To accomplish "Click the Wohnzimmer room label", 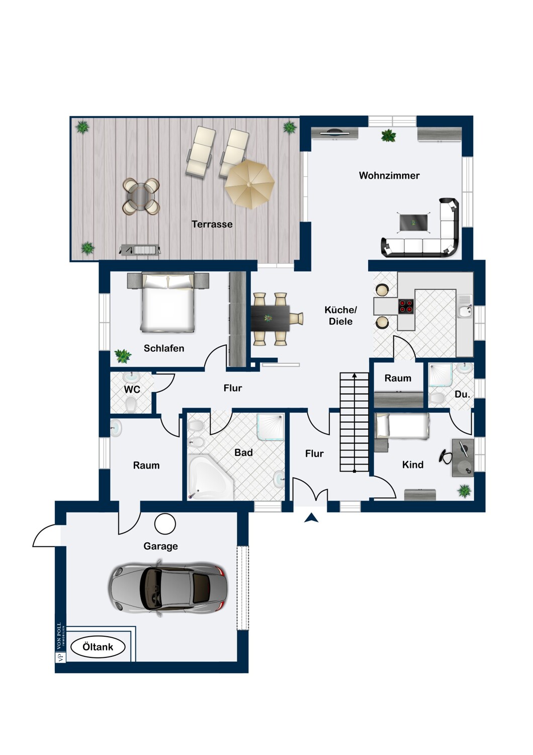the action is (389, 176).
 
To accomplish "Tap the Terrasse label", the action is (212, 224).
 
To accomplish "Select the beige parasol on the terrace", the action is (249, 184).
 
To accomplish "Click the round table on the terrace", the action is (141, 196).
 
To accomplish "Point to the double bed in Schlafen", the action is (167, 302).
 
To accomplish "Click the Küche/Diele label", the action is (340, 316).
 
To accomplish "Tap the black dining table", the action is (270, 318).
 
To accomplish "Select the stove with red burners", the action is (406, 307).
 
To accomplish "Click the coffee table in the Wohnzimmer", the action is (413, 222).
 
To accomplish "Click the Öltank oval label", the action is (98, 647).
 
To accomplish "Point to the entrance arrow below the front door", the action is (311, 518).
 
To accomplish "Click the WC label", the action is (132, 390).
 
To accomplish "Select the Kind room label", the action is (412, 465).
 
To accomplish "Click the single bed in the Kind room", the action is (402, 426).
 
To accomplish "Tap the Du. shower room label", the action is (462, 395).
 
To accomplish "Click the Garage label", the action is (160, 546).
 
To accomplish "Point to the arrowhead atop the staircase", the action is (354, 375).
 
